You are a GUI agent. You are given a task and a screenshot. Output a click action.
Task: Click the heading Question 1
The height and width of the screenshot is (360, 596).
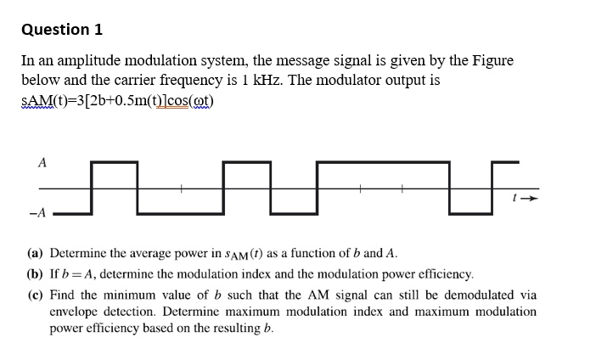coord(62,30)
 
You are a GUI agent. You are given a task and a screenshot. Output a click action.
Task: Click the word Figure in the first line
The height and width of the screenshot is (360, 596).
coord(490,61)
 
